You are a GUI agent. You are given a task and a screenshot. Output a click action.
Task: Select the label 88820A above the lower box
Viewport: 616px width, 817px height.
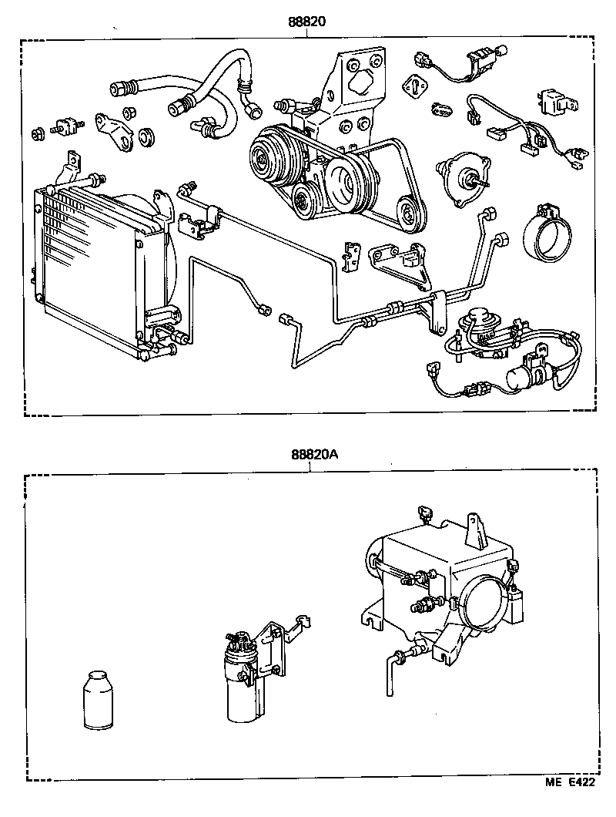tap(313, 455)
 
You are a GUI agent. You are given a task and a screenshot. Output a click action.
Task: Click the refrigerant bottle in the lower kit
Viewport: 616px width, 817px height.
tap(98, 699)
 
